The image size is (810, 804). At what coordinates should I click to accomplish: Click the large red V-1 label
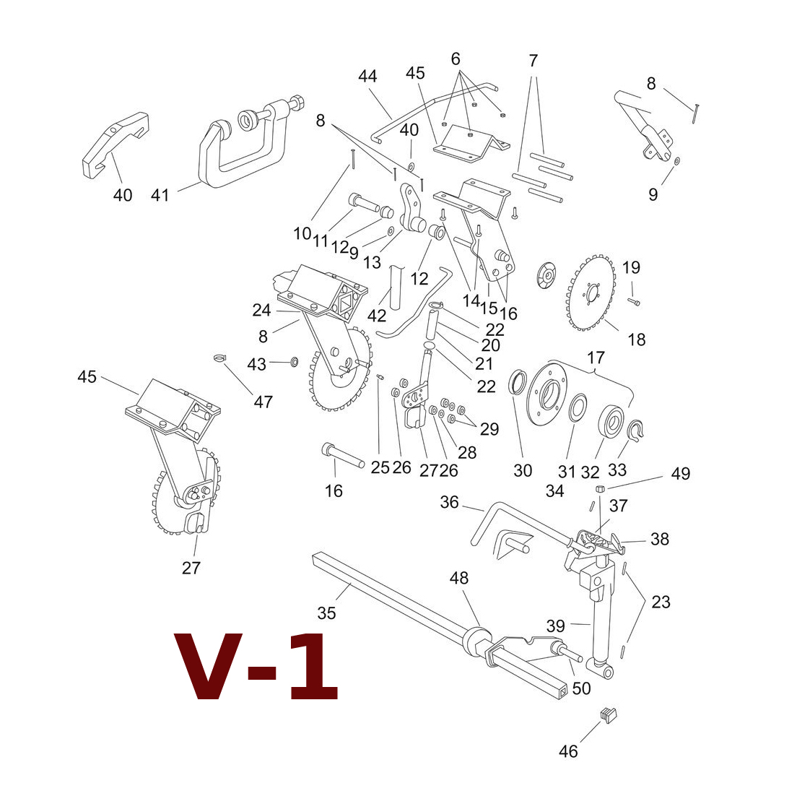pyautogui.click(x=256, y=666)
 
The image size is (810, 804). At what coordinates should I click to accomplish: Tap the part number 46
pyautogui.click(x=568, y=751)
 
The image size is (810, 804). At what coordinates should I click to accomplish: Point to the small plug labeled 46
pyautogui.click(x=609, y=714)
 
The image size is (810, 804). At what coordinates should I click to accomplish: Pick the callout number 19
pyautogui.click(x=631, y=267)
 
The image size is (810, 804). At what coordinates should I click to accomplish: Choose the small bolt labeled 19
pyautogui.click(x=634, y=301)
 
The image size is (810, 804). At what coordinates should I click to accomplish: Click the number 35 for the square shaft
pyautogui.click(x=326, y=613)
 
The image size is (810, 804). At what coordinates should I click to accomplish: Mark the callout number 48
pyautogui.click(x=458, y=577)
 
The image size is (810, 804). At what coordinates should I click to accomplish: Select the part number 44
pyautogui.click(x=367, y=76)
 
